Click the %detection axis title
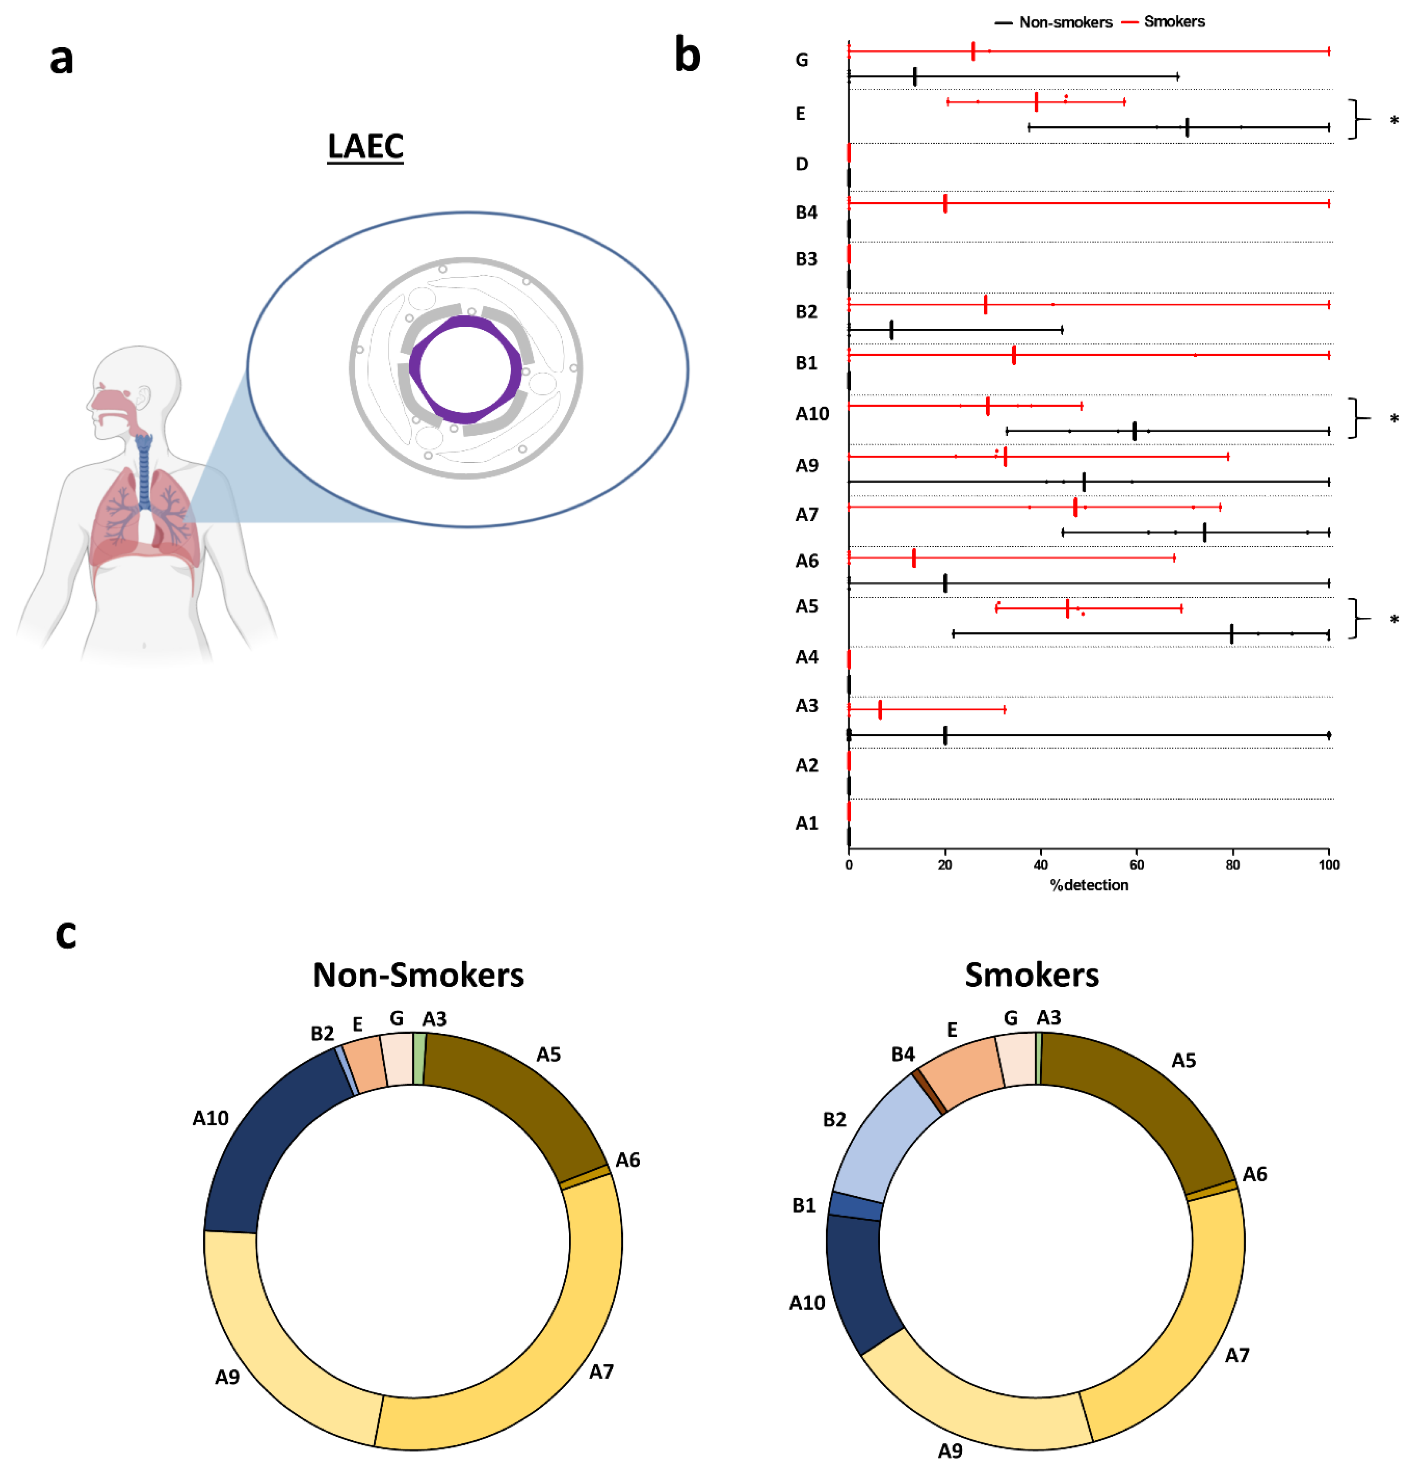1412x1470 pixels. pos(1089,885)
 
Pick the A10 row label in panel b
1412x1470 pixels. pos(812,414)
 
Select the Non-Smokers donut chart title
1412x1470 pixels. pos(418,975)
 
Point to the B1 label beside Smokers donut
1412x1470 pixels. pos(804,1205)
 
